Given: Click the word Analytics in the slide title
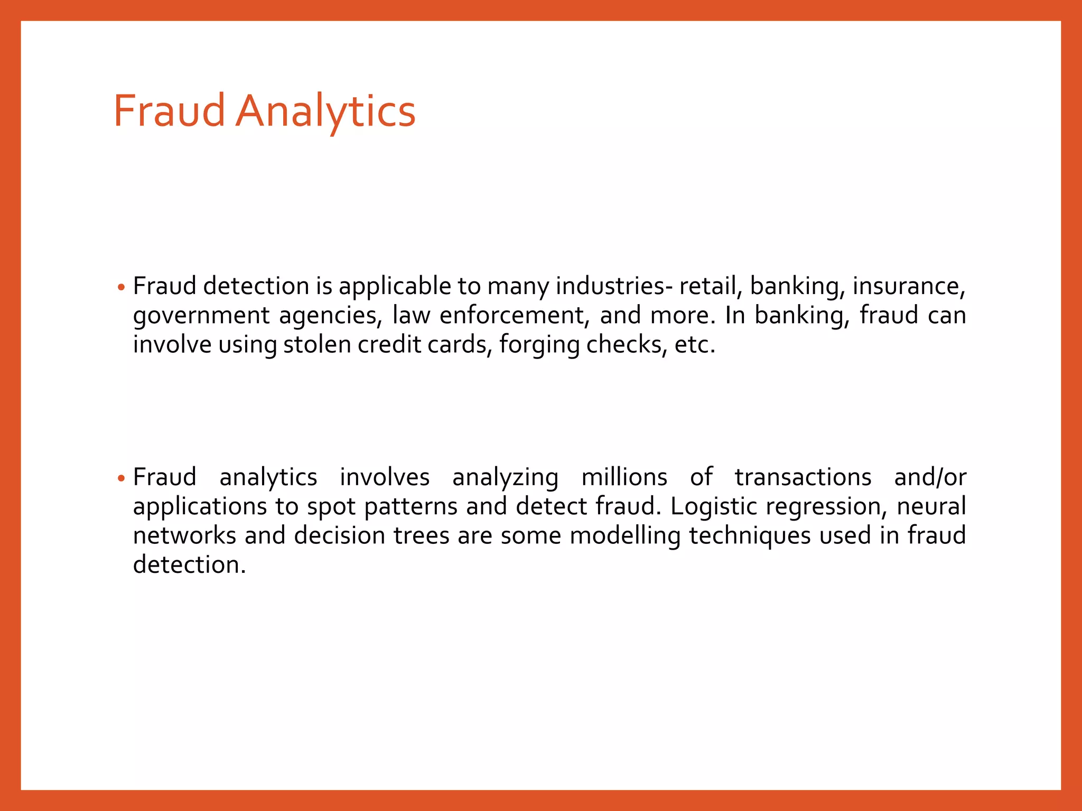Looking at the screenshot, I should (x=325, y=111).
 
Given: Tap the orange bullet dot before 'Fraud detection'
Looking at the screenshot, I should (x=122, y=288).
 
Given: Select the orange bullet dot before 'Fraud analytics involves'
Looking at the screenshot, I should (x=122, y=479).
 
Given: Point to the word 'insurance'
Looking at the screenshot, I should (x=909, y=286).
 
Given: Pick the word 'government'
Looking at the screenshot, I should (x=201, y=316).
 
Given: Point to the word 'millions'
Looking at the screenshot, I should (x=624, y=477).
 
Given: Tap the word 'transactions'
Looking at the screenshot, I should (x=803, y=477).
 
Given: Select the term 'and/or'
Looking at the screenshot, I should (x=930, y=477).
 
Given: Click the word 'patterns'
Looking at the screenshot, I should (x=411, y=507).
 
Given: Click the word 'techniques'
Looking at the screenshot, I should (x=750, y=536).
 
